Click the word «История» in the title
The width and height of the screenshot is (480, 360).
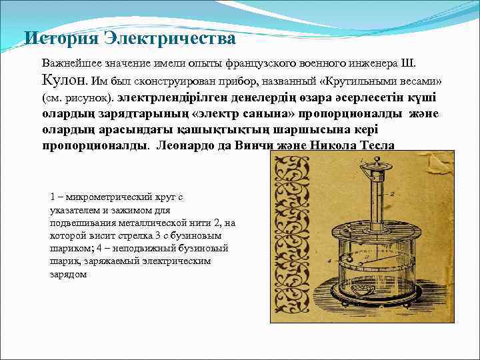61,39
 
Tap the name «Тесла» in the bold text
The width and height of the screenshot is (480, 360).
377,145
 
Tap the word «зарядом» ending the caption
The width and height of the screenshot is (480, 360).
68,273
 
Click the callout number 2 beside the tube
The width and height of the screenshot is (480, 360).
395,193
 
